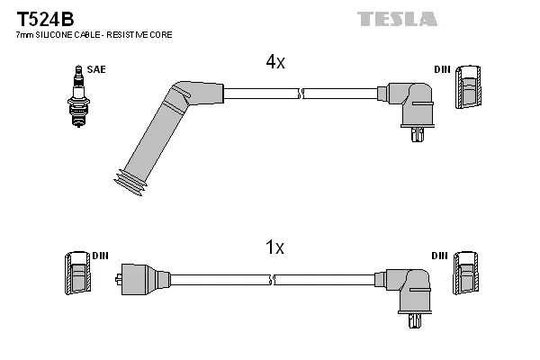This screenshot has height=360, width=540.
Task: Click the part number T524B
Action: pyautogui.click(x=40, y=18)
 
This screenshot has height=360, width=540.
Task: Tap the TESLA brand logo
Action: pyautogui.click(x=397, y=18)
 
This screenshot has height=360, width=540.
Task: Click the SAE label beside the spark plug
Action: pyautogui.click(x=94, y=68)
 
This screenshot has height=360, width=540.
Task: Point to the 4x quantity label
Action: pyautogui.click(x=274, y=62)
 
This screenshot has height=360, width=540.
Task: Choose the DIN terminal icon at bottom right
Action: pyautogui.click(x=466, y=272)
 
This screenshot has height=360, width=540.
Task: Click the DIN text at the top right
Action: pyautogui.click(x=442, y=68)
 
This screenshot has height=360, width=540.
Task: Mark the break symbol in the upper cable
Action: pyautogui.click(x=301, y=92)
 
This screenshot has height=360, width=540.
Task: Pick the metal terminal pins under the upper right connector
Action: pyautogui.click(x=415, y=135)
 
